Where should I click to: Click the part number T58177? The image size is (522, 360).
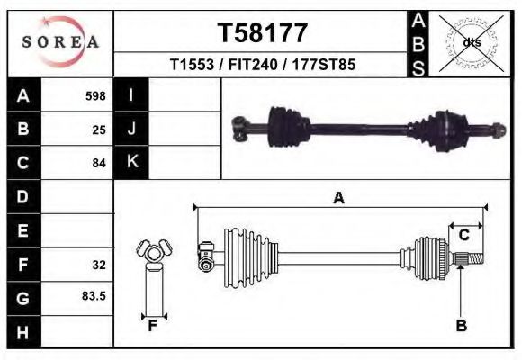(263, 33)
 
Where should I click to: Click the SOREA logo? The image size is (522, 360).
(60, 41)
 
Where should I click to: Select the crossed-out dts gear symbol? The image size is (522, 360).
(472, 42)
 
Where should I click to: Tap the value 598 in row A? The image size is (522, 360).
(95, 95)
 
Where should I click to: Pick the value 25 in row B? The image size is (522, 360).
(99, 130)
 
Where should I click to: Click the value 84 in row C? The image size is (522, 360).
(99, 164)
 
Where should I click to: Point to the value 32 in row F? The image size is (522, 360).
(99, 265)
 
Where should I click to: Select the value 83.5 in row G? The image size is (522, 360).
(94, 295)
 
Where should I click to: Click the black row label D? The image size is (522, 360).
(23, 196)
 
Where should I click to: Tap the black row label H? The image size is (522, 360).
(23, 332)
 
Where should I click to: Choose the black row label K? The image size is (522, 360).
(131, 162)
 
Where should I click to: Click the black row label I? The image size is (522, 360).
(131, 95)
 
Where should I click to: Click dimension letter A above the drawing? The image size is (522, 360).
(339, 198)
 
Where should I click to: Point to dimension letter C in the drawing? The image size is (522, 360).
(464, 235)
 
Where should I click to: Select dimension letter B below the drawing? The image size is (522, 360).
(461, 326)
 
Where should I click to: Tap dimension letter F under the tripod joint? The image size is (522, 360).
(153, 326)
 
